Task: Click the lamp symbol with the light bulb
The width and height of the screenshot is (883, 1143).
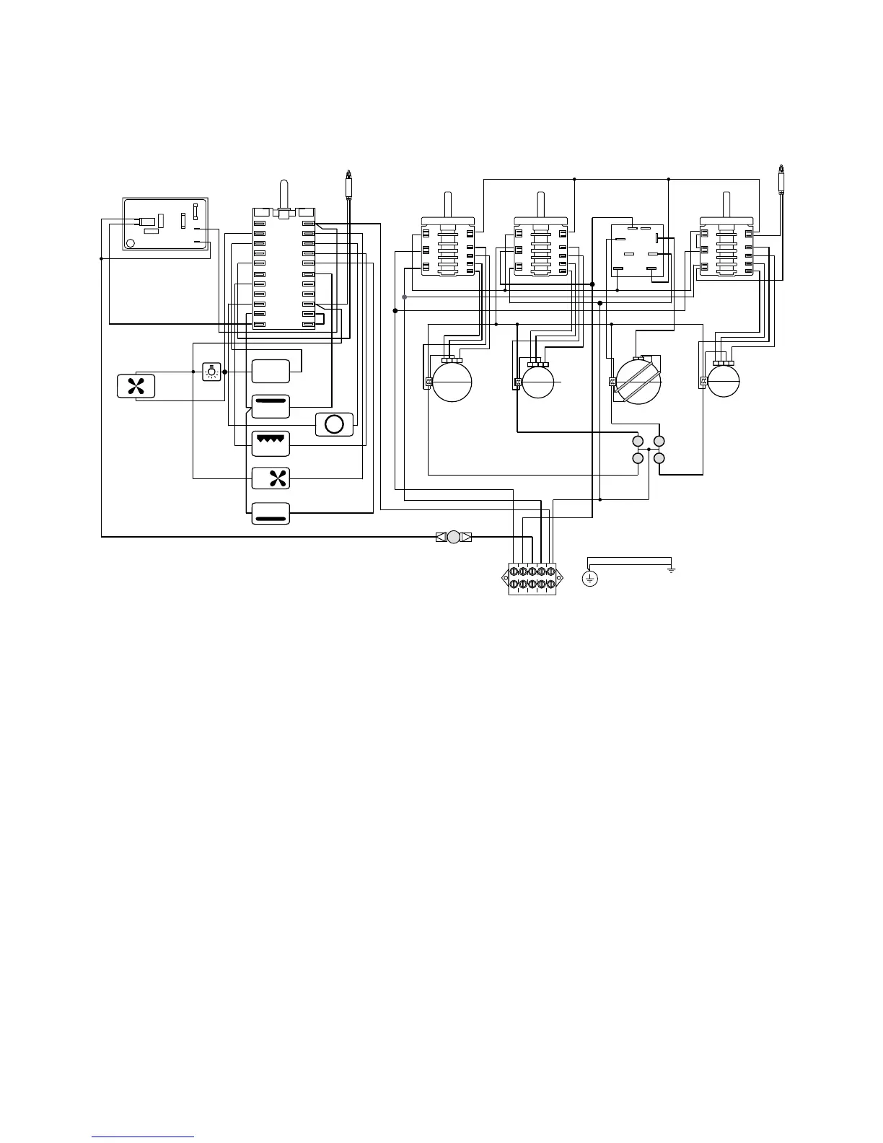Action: (211, 372)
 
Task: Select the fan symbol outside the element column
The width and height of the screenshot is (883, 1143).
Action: (136, 386)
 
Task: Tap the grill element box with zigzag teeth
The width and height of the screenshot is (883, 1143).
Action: (271, 443)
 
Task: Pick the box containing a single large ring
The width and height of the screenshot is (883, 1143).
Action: (334, 424)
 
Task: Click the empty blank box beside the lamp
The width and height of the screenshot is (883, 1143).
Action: (271, 371)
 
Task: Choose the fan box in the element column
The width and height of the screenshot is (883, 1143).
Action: (271, 478)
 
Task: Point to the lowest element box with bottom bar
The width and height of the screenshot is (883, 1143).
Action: (271, 513)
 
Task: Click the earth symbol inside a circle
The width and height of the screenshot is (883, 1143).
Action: (590, 578)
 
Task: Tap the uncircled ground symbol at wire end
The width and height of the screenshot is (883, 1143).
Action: (672, 570)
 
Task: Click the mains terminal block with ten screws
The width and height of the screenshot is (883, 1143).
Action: (532, 579)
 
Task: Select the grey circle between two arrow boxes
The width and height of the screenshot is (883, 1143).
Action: (454, 537)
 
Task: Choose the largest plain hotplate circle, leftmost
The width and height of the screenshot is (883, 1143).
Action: (451, 381)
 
